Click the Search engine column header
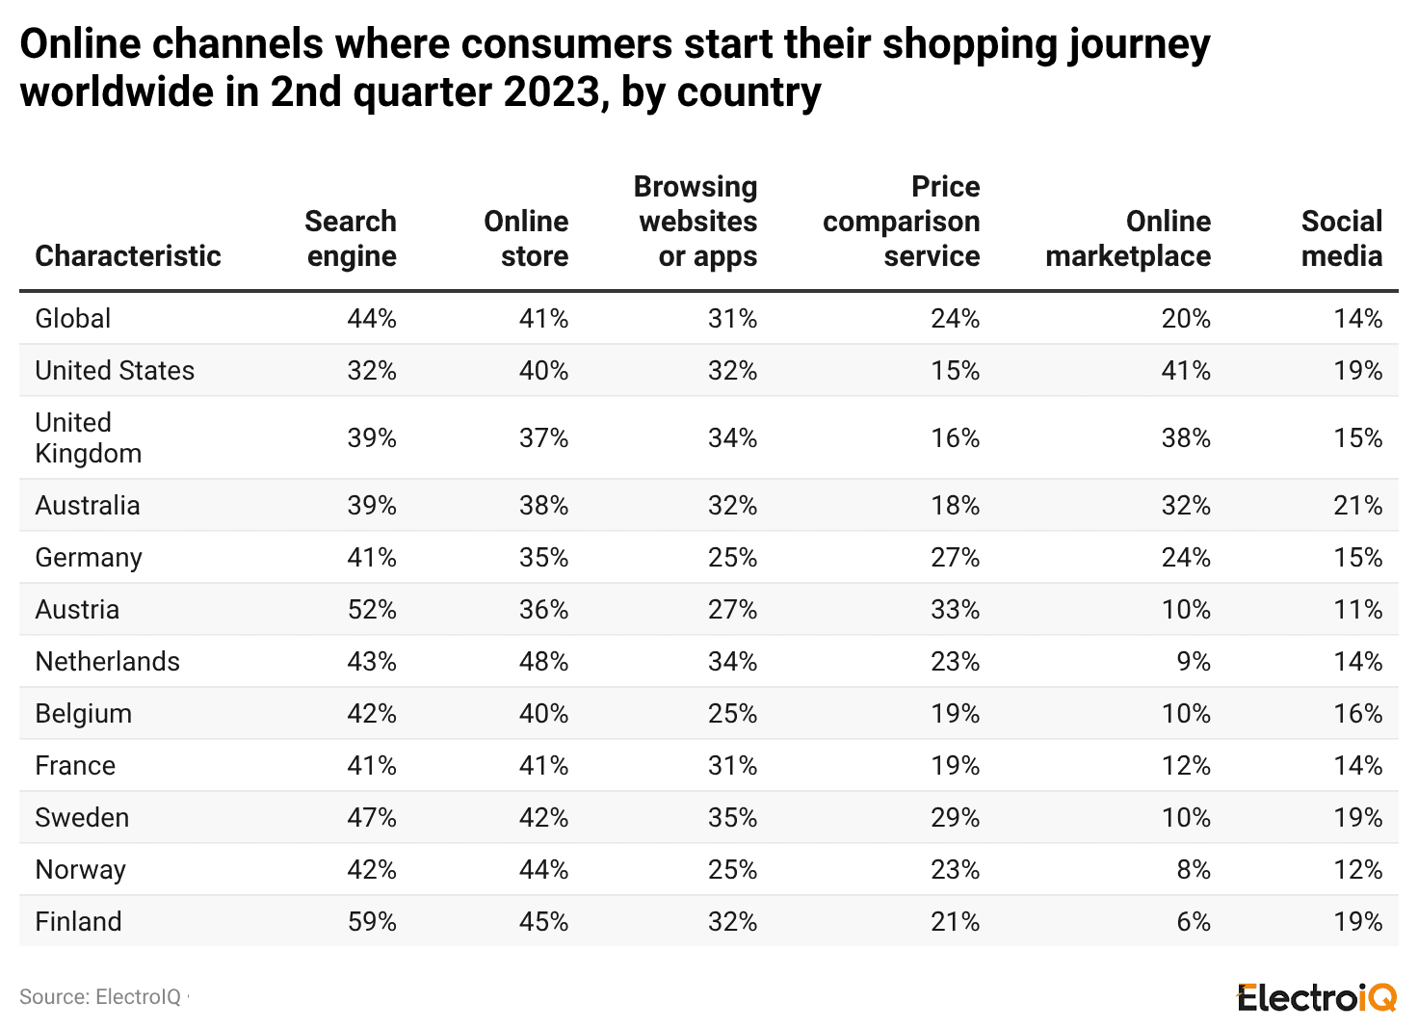[x=351, y=239]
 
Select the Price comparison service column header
[x=901, y=222]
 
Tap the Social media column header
[x=1341, y=239]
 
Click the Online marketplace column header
[x=1128, y=239]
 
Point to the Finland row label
[x=78, y=922]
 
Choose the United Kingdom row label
[x=88, y=438]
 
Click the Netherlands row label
[x=107, y=662]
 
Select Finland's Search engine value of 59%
[x=372, y=922]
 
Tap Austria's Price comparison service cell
[x=955, y=610]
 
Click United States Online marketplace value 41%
[x=1186, y=371]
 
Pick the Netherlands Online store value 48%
[x=543, y=662]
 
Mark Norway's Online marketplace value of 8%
[x=1194, y=870]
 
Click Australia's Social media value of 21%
[x=1357, y=506]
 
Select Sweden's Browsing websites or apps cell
[x=732, y=818]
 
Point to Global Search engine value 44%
[x=372, y=319]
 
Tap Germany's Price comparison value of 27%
[x=955, y=558]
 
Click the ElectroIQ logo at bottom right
[x=1316, y=997]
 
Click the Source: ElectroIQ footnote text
[x=100, y=997]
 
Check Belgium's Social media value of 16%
[x=1357, y=714]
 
